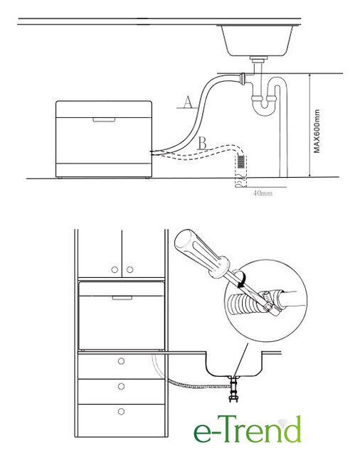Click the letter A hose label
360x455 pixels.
pyautogui.click(x=188, y=102)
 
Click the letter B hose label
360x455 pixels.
pyautogui.click(x=203, y=144)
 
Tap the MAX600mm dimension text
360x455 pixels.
pyautogui.click(x=317, y=131)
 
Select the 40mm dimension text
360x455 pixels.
pyautogui.click(x=263, y=193)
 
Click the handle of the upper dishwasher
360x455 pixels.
pyautogui.click(x=104, y=120)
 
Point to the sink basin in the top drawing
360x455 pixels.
pyautogui.click(x=257, y=41)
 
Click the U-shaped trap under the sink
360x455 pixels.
pyautogui.click(x=264, y=106)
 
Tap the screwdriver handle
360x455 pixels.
pyautogui.click(x=201, y=253)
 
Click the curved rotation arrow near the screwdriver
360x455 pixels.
pyautogui.click(x=240, y=279)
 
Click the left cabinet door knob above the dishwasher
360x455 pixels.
pyautogui.click(x=115, y=270)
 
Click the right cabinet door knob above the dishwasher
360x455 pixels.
pyautogui.click(x=129, y=270)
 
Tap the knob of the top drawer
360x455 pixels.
pyautogui.click(x=122, y=361)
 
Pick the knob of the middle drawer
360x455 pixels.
pyautogui.click(x=122, y=386)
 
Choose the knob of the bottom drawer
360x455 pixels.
pyautogui.click(x=122, y=412)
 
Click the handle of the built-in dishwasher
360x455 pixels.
pyautogui.click(x=122, y=298)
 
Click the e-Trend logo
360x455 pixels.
pyautogui.click(x=248, y=430)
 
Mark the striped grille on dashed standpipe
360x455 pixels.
pyautogui.click(x=241, y=161)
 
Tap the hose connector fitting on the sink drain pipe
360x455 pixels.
pyautogui.click(x=243, y=79)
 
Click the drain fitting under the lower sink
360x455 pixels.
pyautogui.click(x=233, y=389)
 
